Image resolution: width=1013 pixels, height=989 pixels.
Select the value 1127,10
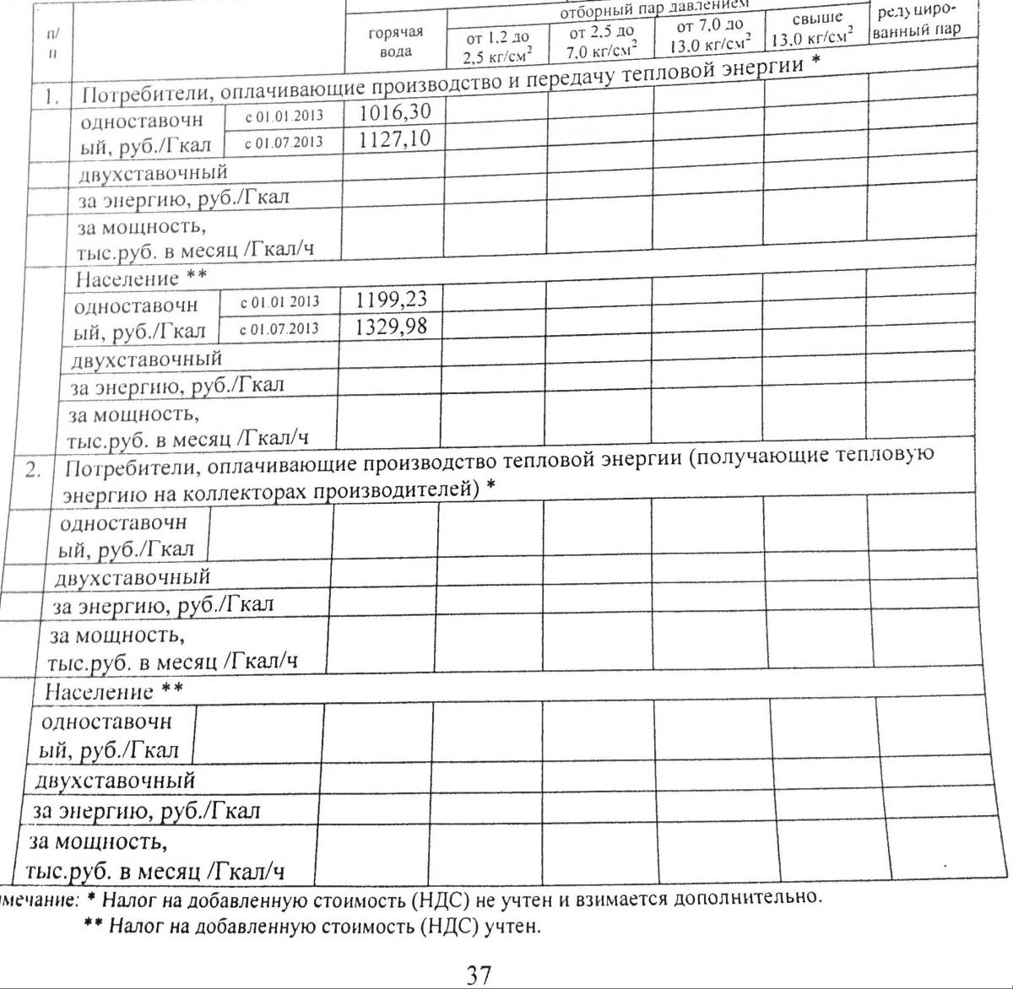click(394, 138)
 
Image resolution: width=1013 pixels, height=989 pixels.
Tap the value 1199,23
click(391, 299)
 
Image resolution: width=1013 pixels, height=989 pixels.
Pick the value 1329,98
click(390, 326)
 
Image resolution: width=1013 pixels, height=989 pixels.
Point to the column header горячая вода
click(395, 41)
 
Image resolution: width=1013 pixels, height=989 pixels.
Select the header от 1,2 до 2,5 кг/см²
click(498, 47)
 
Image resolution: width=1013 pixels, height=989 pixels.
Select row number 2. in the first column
click(33, 470)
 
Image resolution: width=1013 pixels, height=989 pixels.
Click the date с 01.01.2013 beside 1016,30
click(283, 116)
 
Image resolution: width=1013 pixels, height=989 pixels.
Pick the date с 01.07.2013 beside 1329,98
click(279, 328)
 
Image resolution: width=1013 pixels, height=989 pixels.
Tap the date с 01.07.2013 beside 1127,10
click(283, 143)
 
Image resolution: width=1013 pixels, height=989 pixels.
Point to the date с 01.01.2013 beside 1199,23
click(279, 301)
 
